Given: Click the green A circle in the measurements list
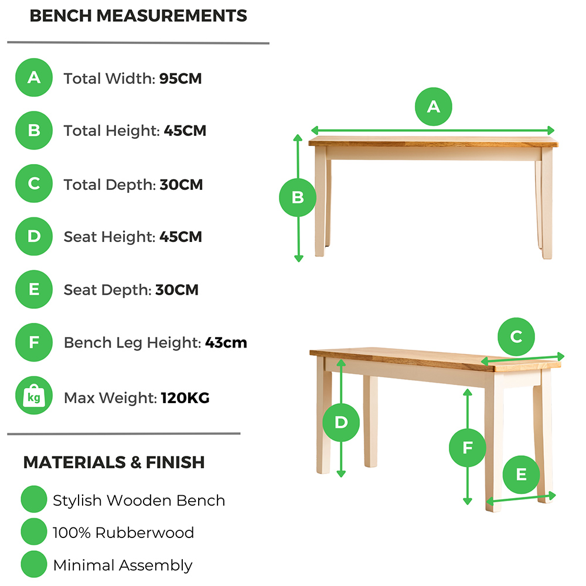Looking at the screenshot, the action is (34, 77).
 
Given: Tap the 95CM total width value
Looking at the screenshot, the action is (180, 79).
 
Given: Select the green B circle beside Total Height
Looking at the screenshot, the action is (34, 131).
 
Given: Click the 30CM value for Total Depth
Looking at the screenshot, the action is (181, 185).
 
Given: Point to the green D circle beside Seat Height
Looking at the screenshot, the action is (34, 236).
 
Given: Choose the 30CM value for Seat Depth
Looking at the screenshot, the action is (177, 290).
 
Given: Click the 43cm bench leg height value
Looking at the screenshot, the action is (226, 343).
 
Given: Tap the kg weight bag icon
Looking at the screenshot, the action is (34, 396).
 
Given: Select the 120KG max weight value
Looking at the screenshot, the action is (185, 398).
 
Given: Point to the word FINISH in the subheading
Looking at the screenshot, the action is (175, 462).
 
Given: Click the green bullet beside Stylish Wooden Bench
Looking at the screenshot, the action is (34, 499).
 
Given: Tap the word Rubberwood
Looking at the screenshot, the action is (145, 533).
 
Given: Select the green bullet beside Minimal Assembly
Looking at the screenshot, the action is (34, 564).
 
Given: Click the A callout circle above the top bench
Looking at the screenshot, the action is (434, 107).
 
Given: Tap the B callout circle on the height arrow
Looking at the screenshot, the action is (298, 197).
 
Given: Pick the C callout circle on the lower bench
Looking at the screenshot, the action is (516, 337).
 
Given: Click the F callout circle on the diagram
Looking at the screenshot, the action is (468, 448).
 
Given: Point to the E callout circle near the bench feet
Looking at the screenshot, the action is (522, 475).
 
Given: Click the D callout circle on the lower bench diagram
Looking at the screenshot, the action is (341, 423).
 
